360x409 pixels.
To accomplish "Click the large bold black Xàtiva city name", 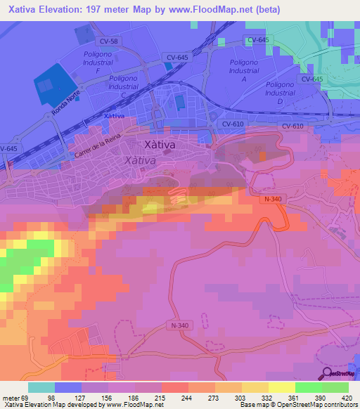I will pyautogui.click(x=159, y=145).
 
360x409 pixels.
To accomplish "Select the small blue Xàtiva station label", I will pyautogui.click(x=114, y=116).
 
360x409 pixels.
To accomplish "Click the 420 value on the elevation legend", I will pyautogui.click(x=346, y=397).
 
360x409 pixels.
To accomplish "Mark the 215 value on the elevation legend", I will pyautogui.click(x=161, y=397).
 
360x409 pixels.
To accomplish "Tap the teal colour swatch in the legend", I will pyautogui.click(x=41, y=387).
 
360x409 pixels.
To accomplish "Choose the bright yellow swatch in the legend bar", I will pyautogui.click(x=281, y=387).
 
